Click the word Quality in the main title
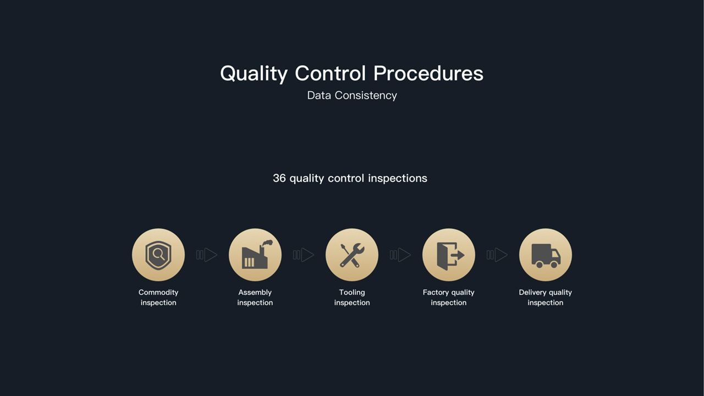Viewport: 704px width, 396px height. pos(254,74)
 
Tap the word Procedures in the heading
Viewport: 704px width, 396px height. pos(428,73)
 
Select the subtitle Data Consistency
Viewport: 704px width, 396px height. pos(352,96)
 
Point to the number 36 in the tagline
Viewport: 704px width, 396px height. pos(279,178)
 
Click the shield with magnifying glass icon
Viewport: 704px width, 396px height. pos(158,255)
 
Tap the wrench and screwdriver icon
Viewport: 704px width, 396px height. pos(352,255)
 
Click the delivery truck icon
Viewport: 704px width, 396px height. pos(546,256)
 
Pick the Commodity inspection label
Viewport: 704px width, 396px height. pos(158,298)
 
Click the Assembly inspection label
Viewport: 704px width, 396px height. pos(255,298)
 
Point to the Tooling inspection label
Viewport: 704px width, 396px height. pos(352,298)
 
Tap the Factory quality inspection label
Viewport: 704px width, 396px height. pos(448,298)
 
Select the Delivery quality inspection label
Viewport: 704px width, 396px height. pos(545,298)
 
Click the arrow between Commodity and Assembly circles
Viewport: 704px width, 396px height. pos(207,255)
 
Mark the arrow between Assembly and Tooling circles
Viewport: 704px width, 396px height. pos(304,255)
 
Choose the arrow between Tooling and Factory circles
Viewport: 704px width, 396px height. pos(400,255)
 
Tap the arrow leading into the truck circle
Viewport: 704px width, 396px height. pos(497,255)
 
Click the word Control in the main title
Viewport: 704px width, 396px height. pos(331,73)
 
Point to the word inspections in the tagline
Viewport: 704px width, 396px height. pos(398,179)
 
